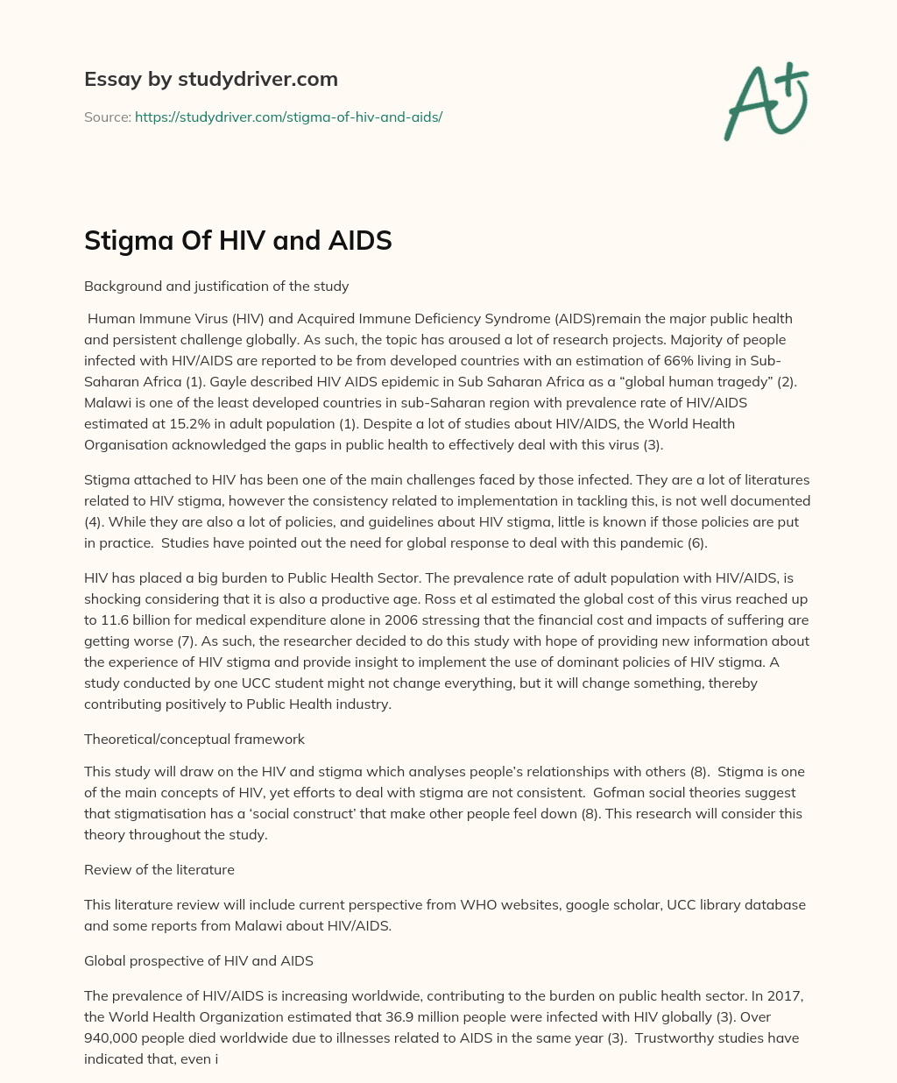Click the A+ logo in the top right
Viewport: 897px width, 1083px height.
[766, 102]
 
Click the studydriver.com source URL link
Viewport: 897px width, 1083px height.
[288, 117]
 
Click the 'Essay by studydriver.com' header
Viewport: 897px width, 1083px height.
[210, 79]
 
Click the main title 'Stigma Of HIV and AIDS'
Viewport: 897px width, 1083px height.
[237, 240]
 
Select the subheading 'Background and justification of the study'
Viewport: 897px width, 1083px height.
[216, 286]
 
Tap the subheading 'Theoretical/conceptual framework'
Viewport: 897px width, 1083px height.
[194, 739]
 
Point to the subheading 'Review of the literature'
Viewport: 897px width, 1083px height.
[159, 869]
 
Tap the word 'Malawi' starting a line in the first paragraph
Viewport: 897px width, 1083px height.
[105, 402]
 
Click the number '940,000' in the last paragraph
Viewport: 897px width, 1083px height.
[109, 1037]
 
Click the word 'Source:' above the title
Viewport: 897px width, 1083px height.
[107, 117]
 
